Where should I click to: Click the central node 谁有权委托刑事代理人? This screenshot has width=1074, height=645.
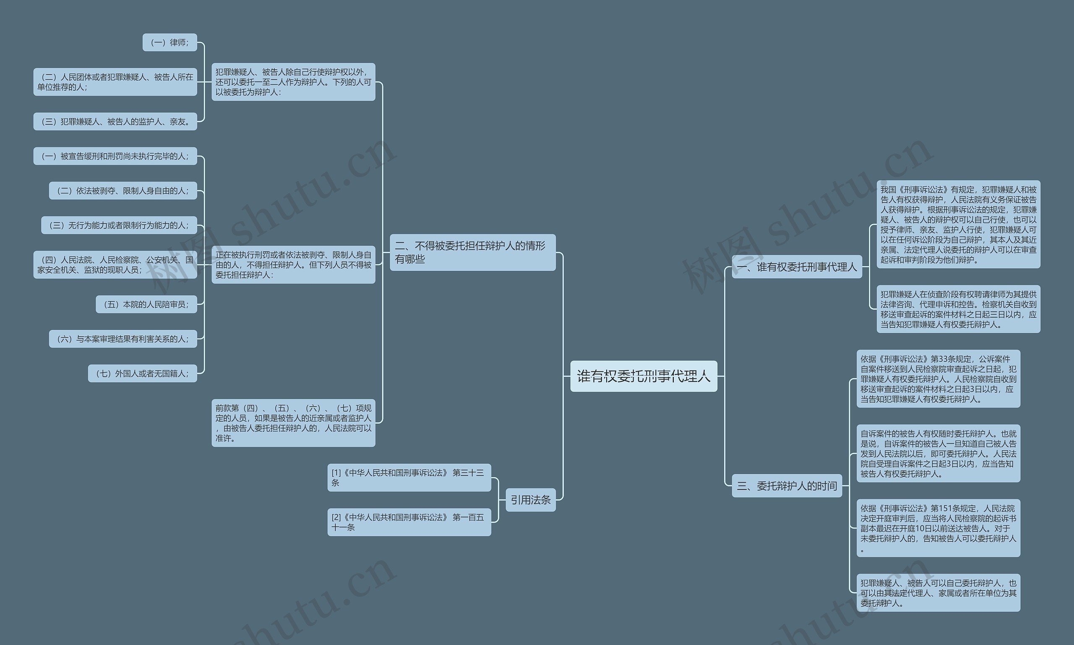point(644,376)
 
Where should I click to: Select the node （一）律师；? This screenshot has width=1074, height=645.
point(169,42)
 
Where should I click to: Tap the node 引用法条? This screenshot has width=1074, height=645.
point(530,500)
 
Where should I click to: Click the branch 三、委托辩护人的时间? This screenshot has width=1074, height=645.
point(787,486)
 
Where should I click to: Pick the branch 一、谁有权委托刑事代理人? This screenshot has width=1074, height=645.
point(797,266)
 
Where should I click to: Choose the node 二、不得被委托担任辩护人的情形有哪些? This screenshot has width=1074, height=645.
point(472,252)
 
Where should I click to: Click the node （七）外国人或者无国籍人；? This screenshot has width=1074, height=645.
point(143,373)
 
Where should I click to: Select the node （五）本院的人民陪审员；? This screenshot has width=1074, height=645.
point(146,304)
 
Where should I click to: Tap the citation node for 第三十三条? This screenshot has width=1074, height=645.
point(409,477)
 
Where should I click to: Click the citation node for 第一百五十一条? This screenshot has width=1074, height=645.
point(409,522)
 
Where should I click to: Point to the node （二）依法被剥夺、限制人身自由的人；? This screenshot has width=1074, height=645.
point(123,191)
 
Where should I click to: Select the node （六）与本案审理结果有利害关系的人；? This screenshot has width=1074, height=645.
point(123,339)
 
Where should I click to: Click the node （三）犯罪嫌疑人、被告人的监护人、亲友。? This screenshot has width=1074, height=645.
point(115,121)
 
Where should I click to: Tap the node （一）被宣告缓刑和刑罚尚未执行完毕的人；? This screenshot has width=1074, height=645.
point(115,156)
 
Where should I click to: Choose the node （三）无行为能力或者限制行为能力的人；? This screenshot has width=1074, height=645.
point(119,225)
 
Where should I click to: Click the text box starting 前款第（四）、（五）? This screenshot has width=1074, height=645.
point(293,423)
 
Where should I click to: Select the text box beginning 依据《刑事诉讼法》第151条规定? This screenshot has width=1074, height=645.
point(938,527)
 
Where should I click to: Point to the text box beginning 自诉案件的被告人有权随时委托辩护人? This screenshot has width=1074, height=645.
point(938,453)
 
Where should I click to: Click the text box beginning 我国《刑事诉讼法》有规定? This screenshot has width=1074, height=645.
point(958,224)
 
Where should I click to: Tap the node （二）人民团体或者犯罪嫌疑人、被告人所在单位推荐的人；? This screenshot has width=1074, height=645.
point(115,82)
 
